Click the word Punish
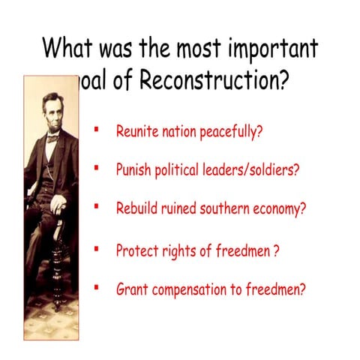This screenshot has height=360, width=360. point(134,169)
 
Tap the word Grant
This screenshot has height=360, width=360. point(131,289)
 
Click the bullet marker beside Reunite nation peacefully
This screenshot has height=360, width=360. point(97,130)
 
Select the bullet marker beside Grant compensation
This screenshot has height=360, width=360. point(97,286)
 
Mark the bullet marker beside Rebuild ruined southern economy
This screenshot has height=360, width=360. point(97,205)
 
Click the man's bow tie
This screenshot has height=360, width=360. point(52,138)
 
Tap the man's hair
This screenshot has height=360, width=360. point(52,97)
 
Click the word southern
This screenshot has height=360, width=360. point(224,208)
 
